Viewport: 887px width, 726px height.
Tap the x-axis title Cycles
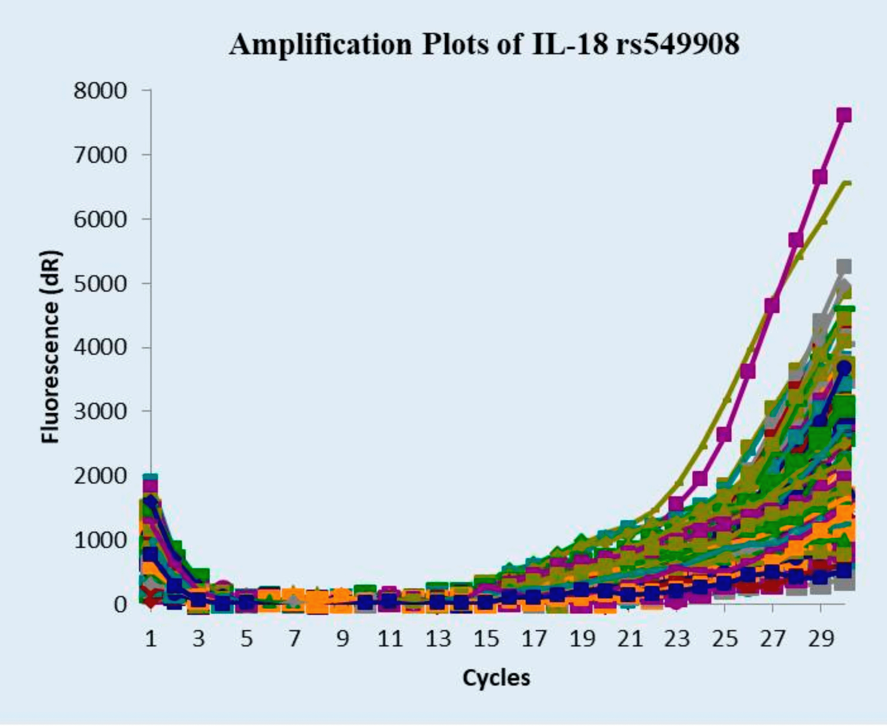pyautogui.click(x=496, y=677)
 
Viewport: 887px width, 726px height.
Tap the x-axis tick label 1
pyautogui.click(x=151, y=639)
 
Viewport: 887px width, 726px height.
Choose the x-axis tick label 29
pyautogui.click(x=821, y=639)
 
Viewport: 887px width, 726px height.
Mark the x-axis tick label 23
pyautogui.click(x=677, y=639)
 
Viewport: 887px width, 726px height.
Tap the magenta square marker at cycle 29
pyautogui.click(x=820, y=177)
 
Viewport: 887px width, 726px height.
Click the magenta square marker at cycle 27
pyautogui.click(x=772, y=306)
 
